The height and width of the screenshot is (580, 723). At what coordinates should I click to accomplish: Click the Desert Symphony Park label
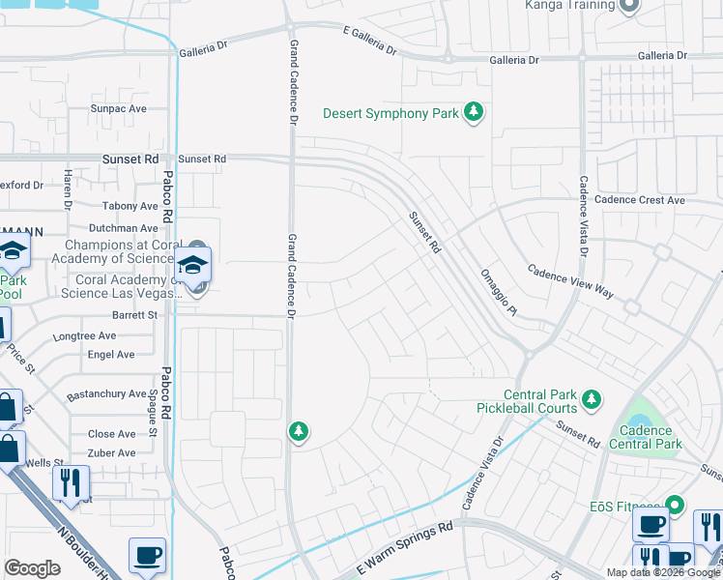pyautogui.click(x=390, y=114)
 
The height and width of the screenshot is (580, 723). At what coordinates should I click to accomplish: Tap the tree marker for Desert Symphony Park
pyautogui.click(x=474, y=113)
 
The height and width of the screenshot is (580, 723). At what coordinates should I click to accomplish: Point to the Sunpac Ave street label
pyautogui.click(x=118, y=108)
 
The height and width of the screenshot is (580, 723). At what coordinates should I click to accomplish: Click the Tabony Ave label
pyautogui.click(x=130, y=206)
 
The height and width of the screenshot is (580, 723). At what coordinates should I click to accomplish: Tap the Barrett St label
pyautogui.click(x=133, y=315)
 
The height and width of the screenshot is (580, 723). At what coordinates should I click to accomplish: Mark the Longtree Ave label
pyautogui.click(x=87, y=336)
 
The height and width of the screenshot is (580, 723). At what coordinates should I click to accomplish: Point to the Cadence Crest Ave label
pyautogui.click(x=639, y=200)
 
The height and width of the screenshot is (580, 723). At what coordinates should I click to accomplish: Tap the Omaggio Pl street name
pyautogui.click(x=500, y=291)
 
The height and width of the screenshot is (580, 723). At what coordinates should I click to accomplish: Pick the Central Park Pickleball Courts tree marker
pyautogui.click(x=592, y=397)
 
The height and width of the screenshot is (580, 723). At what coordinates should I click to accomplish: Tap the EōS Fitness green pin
pyautogui.click(x=676, y=504)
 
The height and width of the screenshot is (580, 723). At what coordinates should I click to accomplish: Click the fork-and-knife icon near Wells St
pyautogui.click(x=71, y=481)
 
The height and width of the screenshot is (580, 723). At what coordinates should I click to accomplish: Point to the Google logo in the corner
pyautogui.click(x=32, y=568)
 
